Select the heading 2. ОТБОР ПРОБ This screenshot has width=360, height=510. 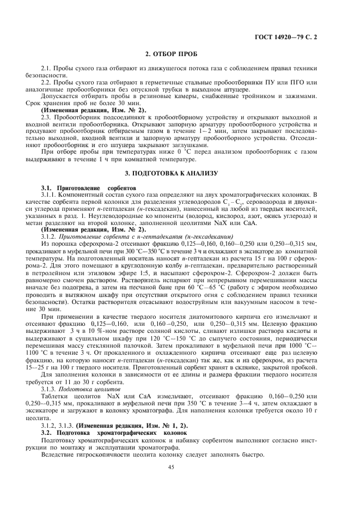[180, 54]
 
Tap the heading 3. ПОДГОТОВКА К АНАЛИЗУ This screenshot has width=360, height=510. [180, 173]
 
